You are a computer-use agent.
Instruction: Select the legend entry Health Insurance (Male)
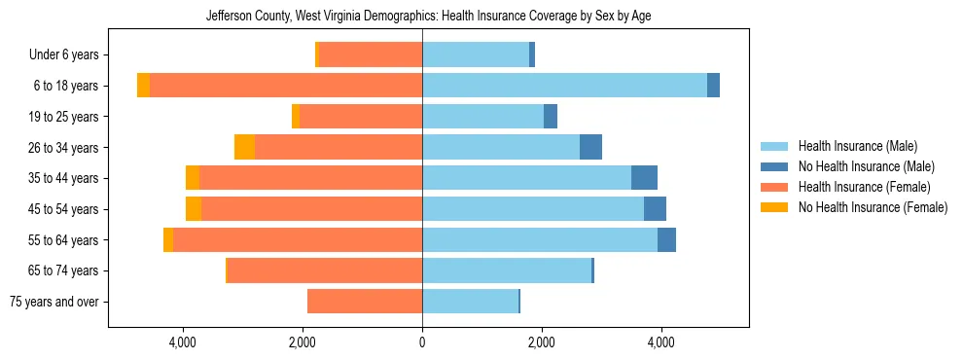click(857, 146)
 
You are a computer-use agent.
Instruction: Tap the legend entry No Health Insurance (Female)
click(873, 207)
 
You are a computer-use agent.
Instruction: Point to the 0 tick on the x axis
click(422, 342)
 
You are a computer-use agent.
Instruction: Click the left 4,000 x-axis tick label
click(183, 342)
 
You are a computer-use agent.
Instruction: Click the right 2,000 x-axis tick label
click(542, 342)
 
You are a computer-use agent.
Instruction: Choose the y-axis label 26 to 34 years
click(66, 148)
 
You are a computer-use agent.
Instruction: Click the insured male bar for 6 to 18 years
click(564, 86)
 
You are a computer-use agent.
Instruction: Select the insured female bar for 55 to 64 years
click(298, 240)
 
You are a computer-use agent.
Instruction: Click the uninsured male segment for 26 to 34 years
click(590, 148)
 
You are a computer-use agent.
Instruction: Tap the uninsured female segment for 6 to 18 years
click(143, 86)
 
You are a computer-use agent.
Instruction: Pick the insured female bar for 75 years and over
click(365, 302)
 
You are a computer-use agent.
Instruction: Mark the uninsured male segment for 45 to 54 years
click(655, 209)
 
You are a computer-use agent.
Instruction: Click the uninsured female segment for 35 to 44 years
click(193, 178)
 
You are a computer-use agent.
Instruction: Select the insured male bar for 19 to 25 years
click(482, 117)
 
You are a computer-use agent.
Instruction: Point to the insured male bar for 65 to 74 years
click(507, 270)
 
